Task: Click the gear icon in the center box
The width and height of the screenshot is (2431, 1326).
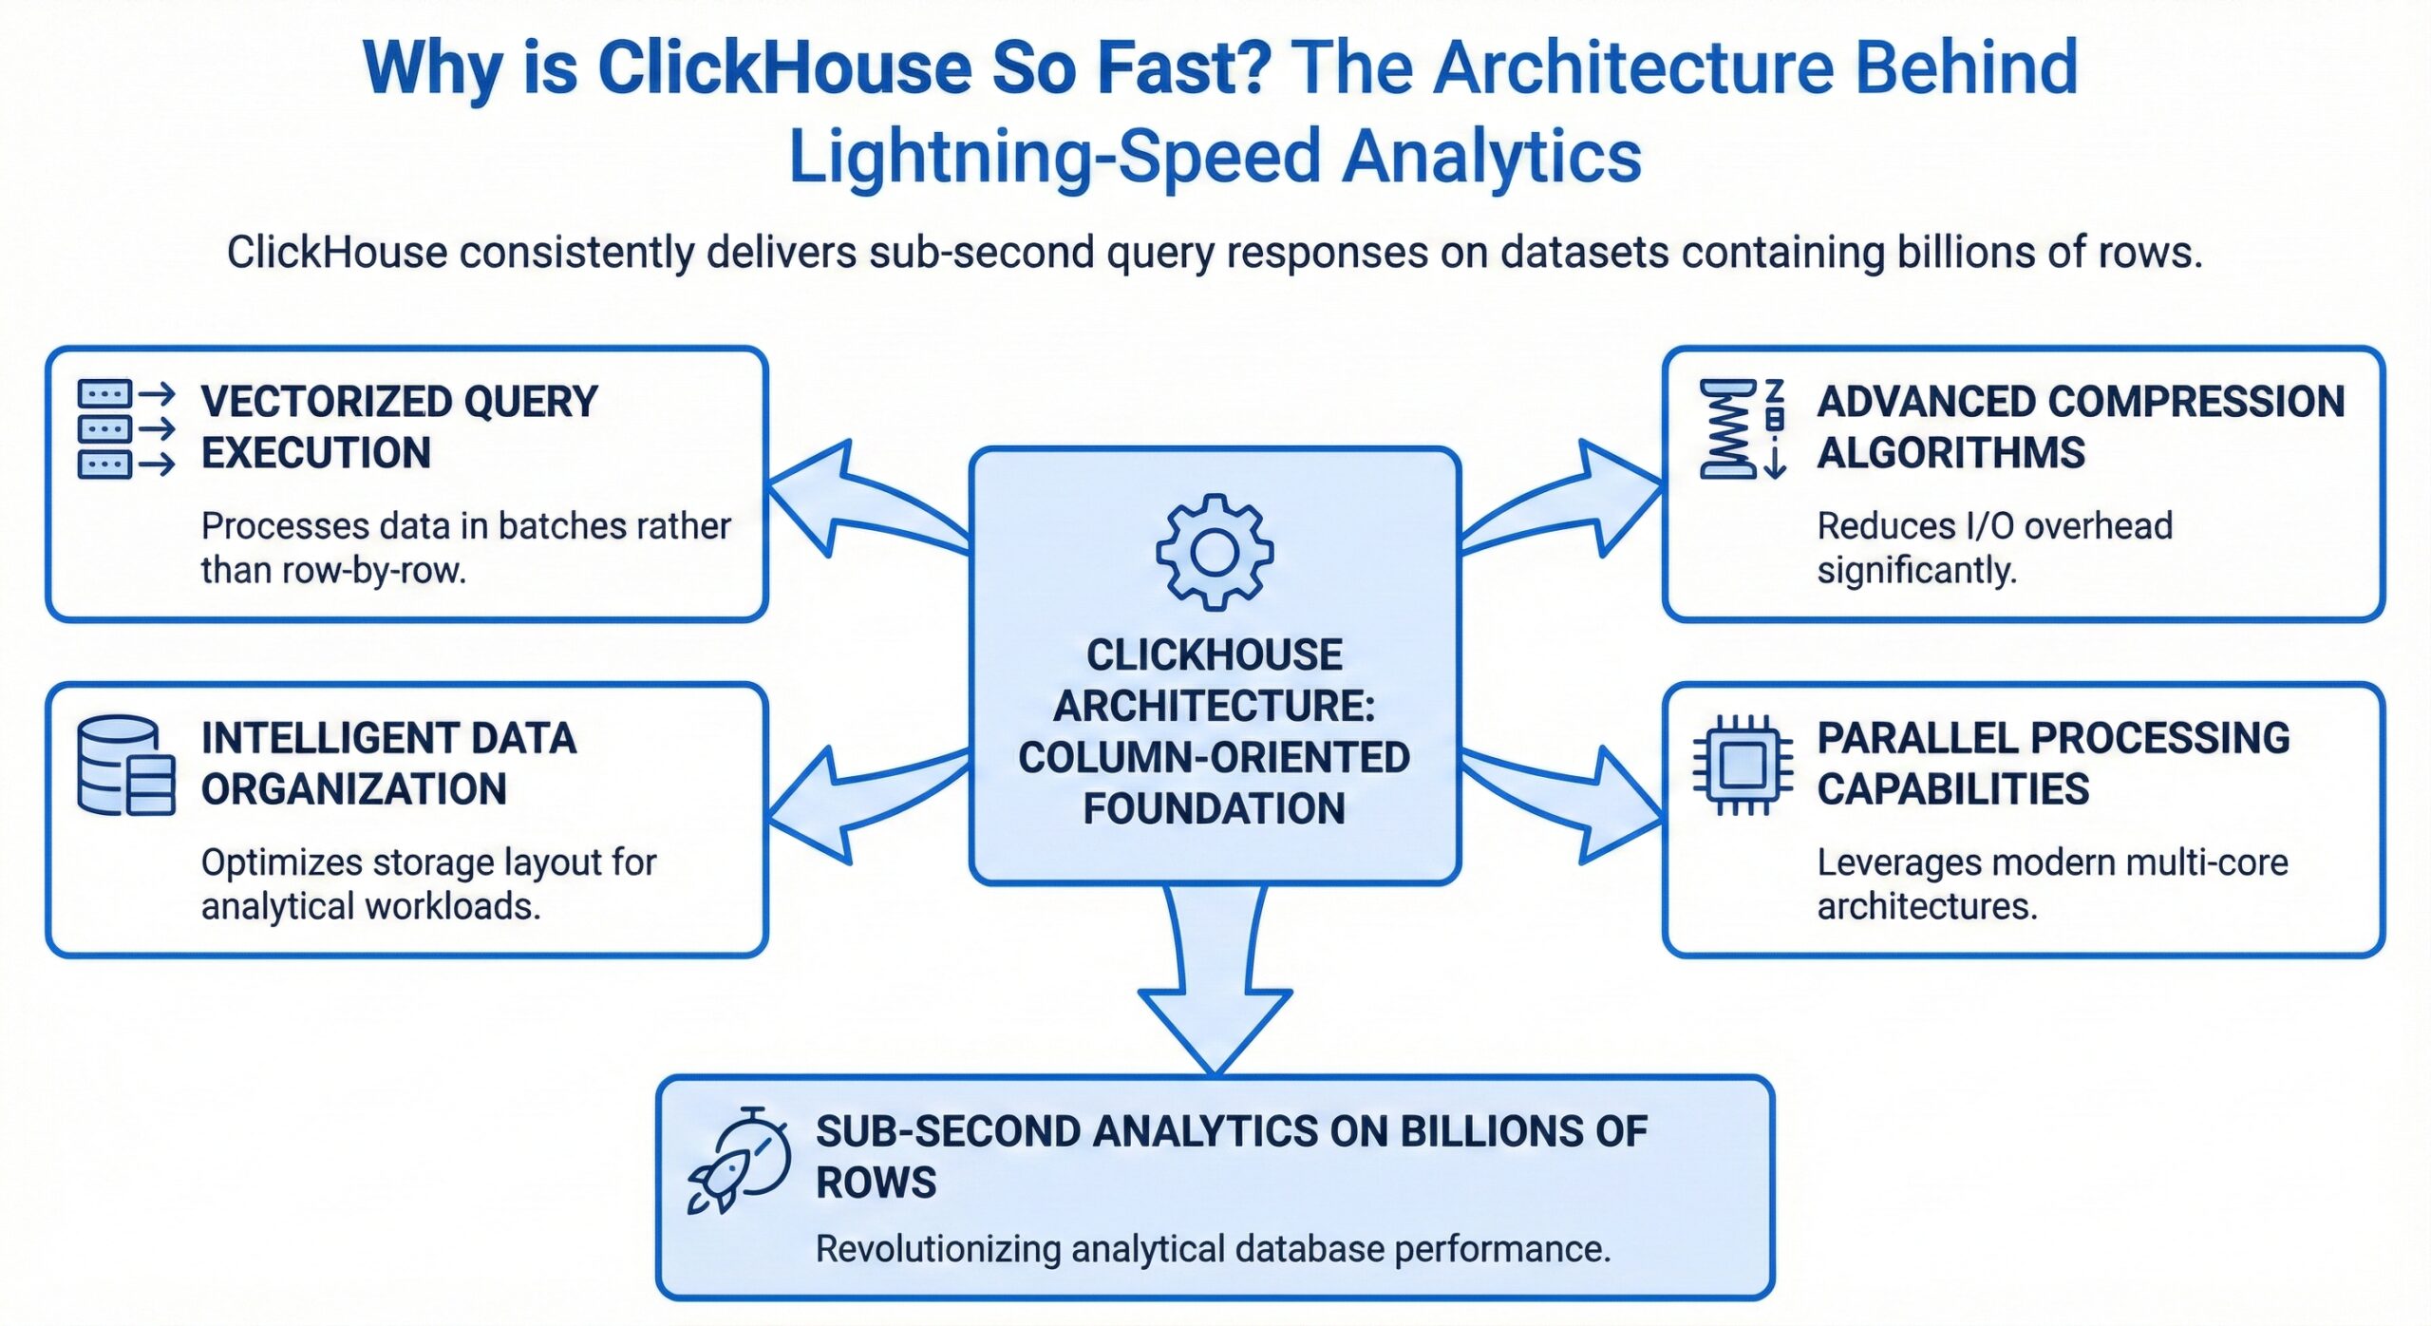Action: point(1215,552)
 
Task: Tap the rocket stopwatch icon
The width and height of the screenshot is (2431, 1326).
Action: point(740,1161)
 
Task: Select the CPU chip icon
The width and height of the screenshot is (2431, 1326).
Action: point(1743,766)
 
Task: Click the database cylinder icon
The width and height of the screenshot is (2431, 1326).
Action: point(125,766)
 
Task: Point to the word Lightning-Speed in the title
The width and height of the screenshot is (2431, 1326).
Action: point(1054,157)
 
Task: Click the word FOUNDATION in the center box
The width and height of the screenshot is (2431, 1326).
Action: point(1215,809)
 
